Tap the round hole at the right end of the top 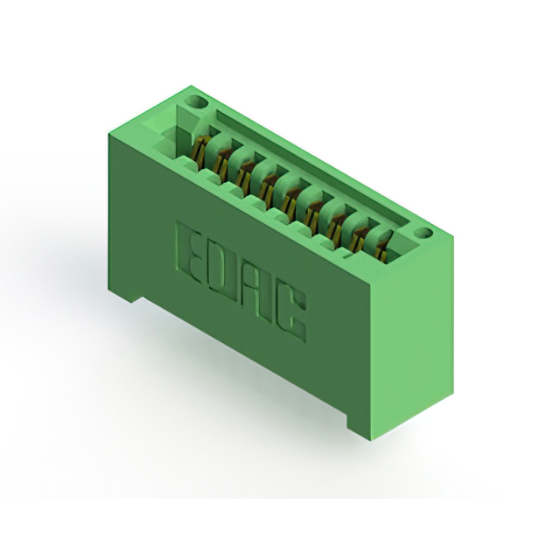pos(425,234)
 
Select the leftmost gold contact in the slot pos(199,153)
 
